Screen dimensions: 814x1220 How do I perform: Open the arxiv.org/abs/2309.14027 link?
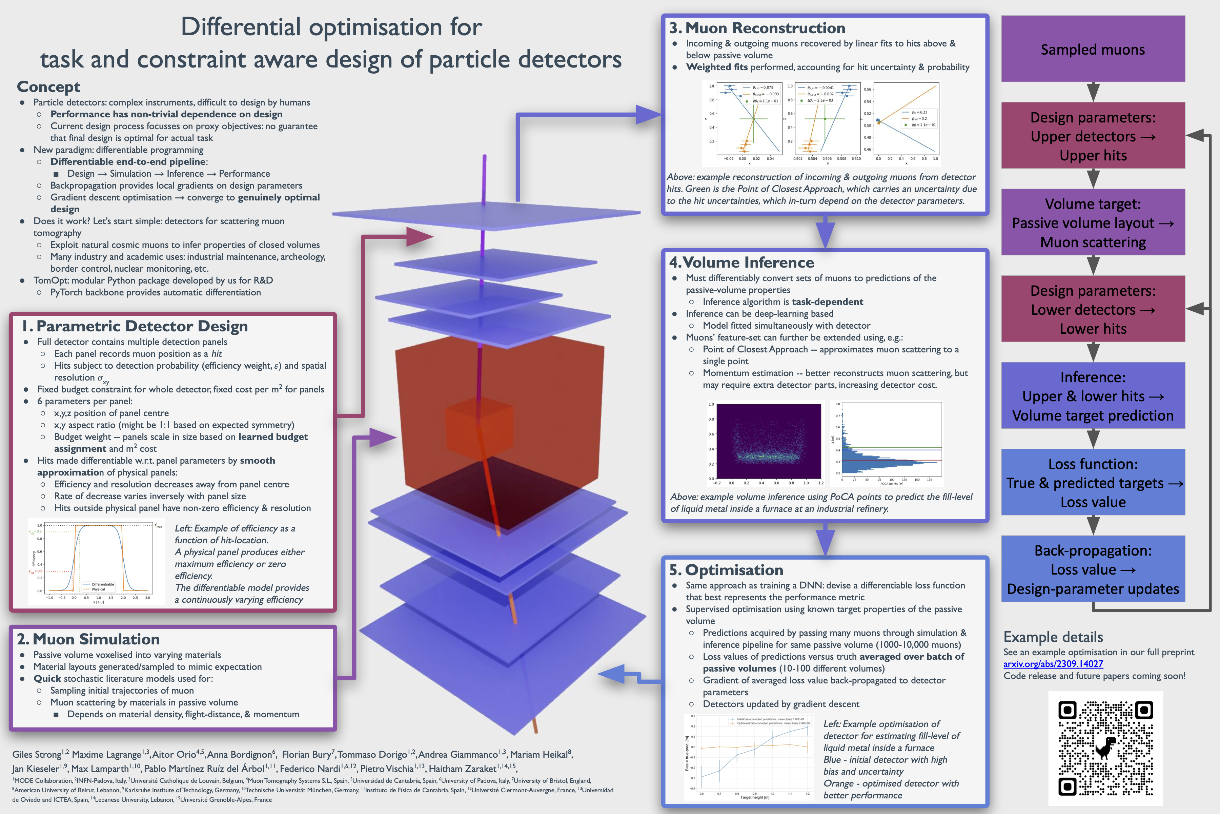point(1053,664)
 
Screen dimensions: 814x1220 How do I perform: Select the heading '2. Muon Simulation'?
point(88,639)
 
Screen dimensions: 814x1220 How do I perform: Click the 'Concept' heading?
point(49,87)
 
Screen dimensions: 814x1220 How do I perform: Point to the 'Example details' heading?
point(1053,637)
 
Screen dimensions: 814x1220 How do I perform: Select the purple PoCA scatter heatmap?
point(768,441)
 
